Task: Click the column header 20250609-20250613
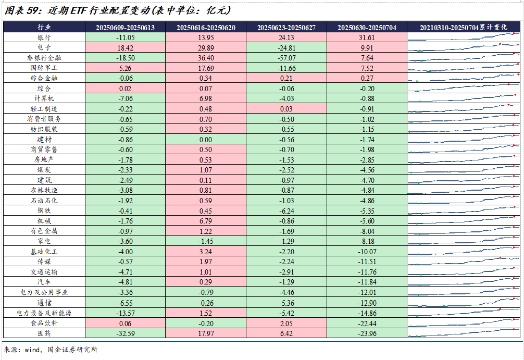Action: tap(125, 27)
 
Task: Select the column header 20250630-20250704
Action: tap(367, 27)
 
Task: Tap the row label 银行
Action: tap(44, 38)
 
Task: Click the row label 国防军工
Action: tap(44, 68)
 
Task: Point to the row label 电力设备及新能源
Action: tap(44, 313)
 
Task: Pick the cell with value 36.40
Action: tap(206, 58)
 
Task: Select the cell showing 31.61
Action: tap(367, 38)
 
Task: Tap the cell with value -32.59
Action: tap(125, 333)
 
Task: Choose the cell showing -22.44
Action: tap(367, 323)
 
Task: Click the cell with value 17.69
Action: tap(206, 68)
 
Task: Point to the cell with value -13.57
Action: tap(125, 313)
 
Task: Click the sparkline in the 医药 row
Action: tap(464, 333)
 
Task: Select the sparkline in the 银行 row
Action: tap(464, 37)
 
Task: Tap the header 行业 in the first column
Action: tap(44, 27)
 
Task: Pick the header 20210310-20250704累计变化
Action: tap(464, 27)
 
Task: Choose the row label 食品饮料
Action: tap(44, 323)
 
